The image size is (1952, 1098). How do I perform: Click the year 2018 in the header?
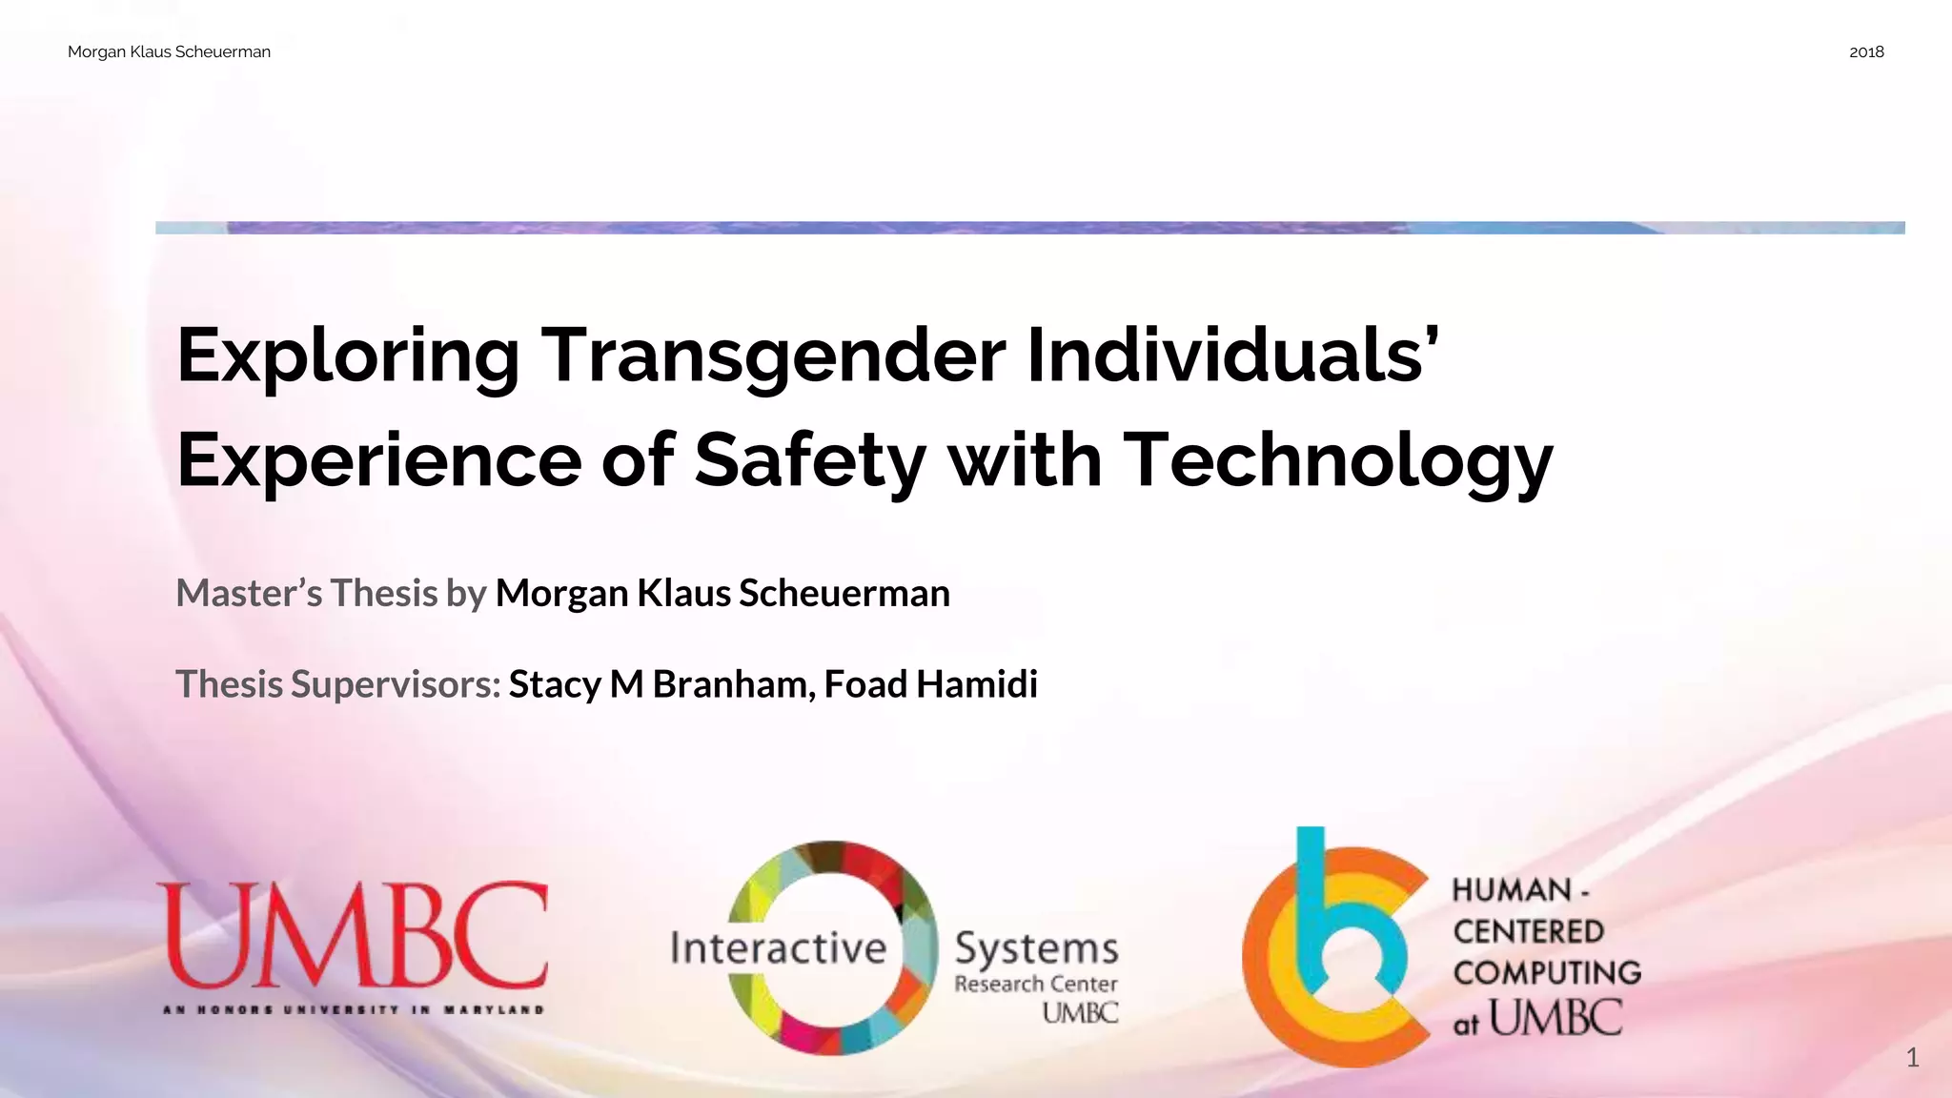point(1865,52)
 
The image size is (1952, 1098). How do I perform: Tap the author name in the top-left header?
point(169,52)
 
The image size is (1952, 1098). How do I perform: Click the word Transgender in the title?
point(773,356)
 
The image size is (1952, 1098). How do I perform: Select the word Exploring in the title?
point(348,356)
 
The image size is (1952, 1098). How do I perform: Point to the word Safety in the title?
point(809,460)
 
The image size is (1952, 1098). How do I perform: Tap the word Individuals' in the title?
point(1231,356)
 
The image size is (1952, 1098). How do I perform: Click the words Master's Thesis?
point(306,594)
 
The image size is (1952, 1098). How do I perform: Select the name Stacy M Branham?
point(660,684)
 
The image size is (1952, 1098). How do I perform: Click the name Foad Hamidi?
point(930,684)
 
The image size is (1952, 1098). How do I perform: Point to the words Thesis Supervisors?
point(337,684)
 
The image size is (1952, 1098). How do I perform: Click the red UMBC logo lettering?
point(353,937)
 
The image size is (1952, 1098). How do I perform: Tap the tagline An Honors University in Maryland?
point(353,1009)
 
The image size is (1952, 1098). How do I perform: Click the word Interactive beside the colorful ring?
point(778,948)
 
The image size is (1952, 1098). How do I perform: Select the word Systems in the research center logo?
point(1036,948)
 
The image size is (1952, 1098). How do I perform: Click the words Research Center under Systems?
point(1035,984)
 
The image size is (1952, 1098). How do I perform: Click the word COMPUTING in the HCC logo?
point(1546,973)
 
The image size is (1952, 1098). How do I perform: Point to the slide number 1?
point(1912,1057)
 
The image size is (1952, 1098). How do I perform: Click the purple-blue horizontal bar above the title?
point(1029,228)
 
